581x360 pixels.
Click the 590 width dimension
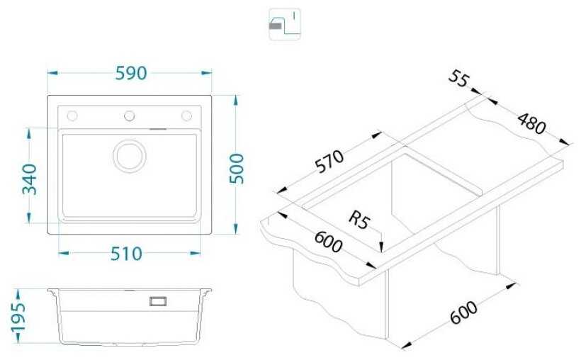click(x=130, y=72)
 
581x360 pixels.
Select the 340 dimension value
click(x=29, y=180)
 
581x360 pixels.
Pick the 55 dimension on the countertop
click(x=458, y=81)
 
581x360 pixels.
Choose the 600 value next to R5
click(x=327, y=244)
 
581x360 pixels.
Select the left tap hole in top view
click(x=72, y=116)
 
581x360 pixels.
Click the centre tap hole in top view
click(x=130, y=116)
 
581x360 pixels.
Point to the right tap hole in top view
click(x=187, y=116)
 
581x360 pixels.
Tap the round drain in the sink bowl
click(x=130, y=154)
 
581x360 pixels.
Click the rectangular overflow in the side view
click(x=157, y=301)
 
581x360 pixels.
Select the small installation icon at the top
click(x=285, y=23)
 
